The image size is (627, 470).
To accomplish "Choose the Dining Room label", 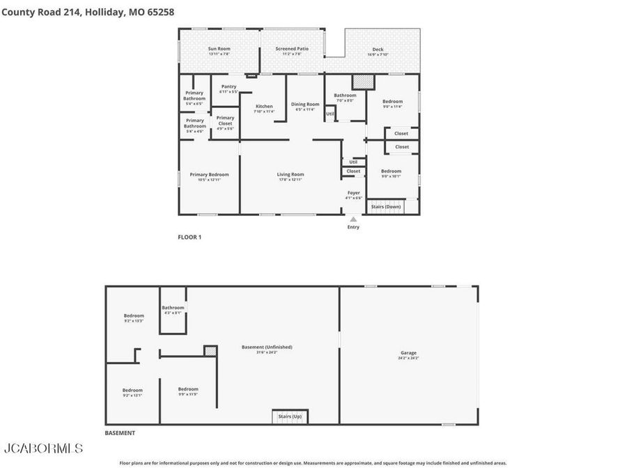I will click(x=305, y=107).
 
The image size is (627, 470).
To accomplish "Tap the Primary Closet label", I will click(x=225, y=120).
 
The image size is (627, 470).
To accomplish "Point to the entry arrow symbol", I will click(x=353, y=219).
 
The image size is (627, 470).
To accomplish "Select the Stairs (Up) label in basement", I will click(x=289, y=416).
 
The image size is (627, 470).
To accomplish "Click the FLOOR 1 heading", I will click(x=189, y=237).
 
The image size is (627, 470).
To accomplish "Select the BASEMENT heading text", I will click(x=120, y=433).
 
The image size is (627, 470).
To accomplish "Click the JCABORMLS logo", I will click(x=43, y=448).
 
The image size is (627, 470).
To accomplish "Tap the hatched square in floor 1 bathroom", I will click(x=363, y=82).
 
